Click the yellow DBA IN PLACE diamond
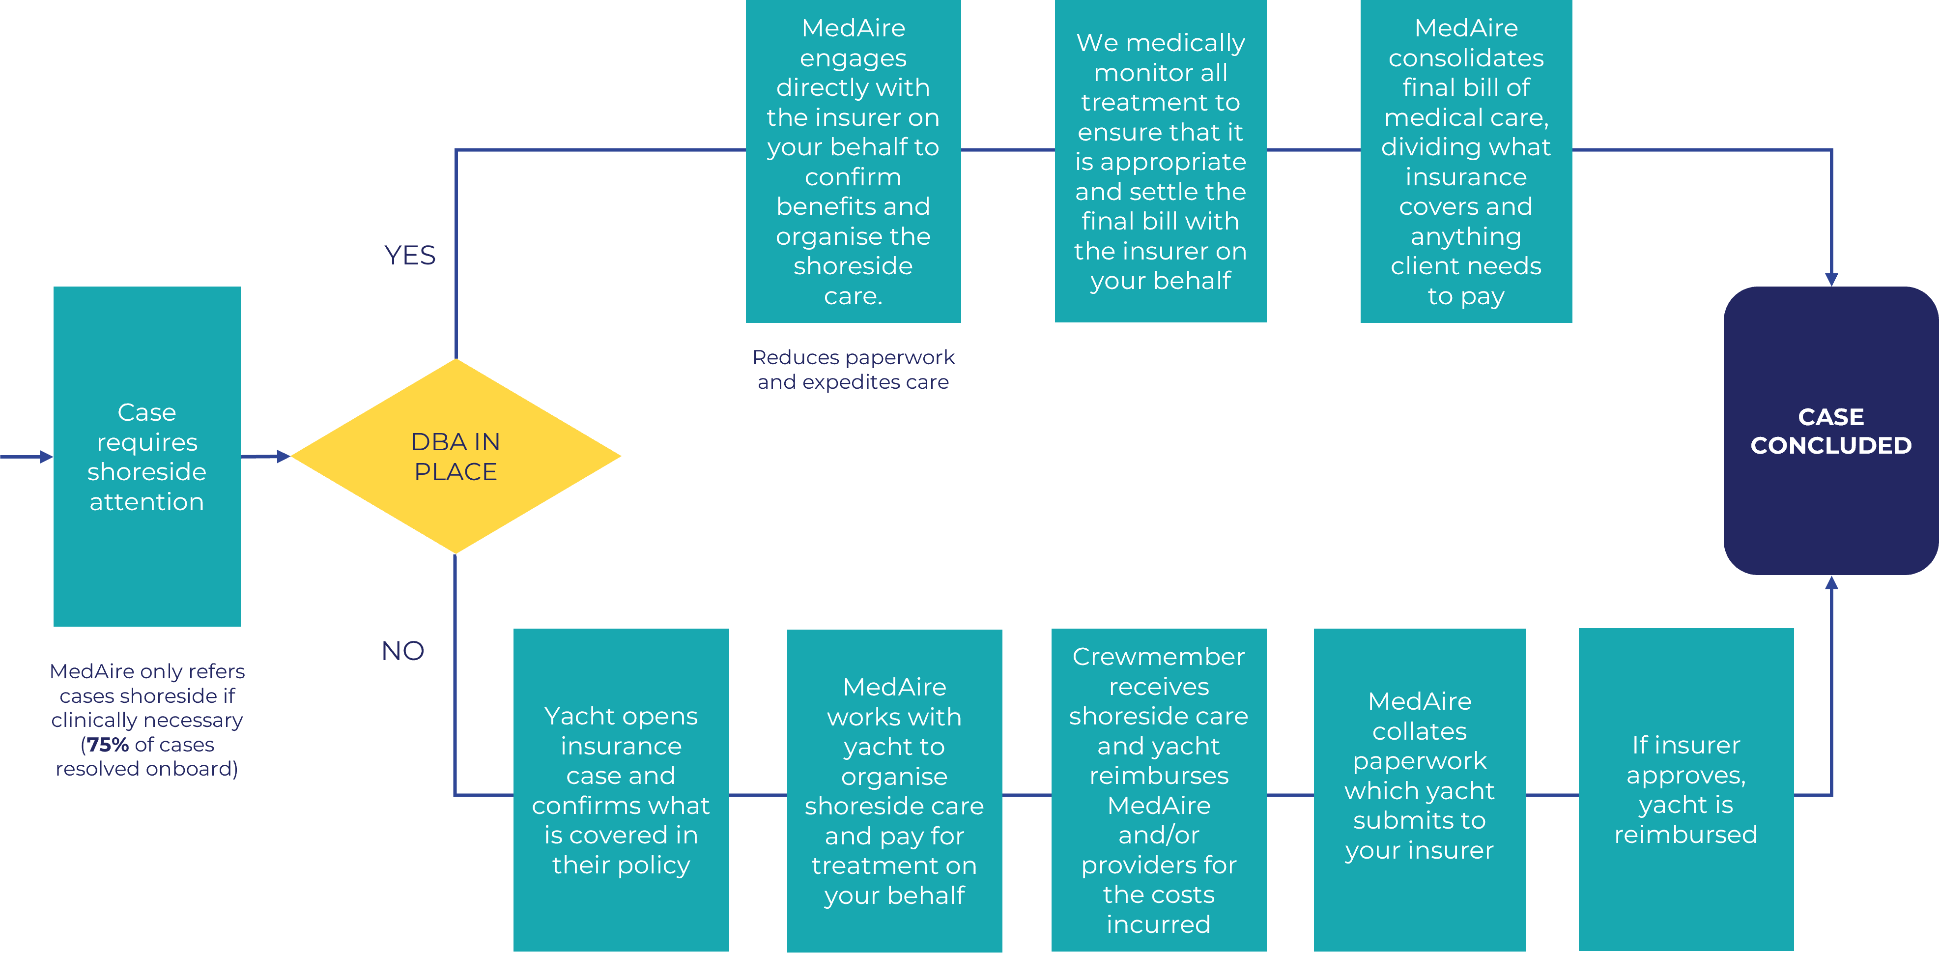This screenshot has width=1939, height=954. click(456, 456)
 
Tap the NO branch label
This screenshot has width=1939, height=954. click(403, 651)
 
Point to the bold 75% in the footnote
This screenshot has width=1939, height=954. click(108, 745)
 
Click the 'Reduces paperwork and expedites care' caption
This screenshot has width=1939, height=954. click(853, 369)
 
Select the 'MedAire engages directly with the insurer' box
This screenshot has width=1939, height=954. click(853, 161)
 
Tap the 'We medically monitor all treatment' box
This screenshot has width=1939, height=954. click(1160, 161)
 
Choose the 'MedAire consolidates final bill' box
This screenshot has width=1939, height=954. click(1465, 161)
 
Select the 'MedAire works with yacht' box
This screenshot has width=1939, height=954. click(894, 791)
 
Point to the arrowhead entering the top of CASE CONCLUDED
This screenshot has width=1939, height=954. click(1831, 279)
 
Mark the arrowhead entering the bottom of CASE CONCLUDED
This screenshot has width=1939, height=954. click(1831, 583)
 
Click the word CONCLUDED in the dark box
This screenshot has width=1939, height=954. click(1830, 446)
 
